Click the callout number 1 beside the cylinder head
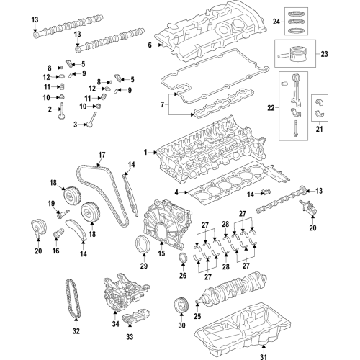pos(145,152)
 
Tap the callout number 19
pos(53,204)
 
